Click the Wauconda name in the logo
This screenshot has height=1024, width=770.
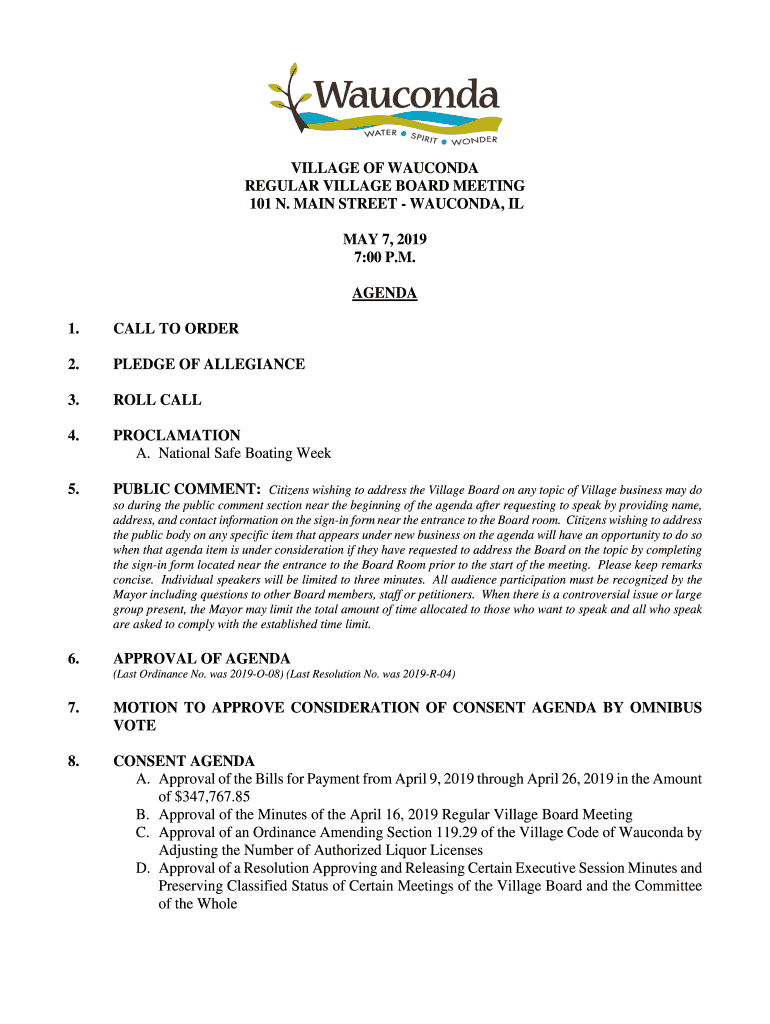406,97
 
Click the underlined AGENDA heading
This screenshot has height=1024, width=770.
385,294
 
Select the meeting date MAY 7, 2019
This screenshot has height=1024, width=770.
385,240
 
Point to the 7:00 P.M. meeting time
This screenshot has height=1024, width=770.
385,258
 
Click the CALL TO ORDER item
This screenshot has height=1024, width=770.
176,329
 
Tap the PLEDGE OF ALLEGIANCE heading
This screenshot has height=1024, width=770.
209,364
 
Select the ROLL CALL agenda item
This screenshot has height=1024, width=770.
157,400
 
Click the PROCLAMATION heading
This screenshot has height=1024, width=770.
177,435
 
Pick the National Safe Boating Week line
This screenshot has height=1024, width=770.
233,453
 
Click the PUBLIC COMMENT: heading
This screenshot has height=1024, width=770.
187,490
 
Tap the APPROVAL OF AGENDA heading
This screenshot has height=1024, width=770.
202,658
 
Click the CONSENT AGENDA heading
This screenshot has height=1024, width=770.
184,761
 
